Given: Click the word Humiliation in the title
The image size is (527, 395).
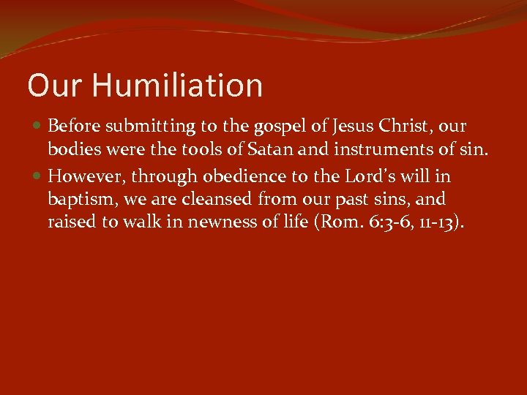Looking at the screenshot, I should click(177, 86).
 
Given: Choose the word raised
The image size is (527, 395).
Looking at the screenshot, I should click(72, 222).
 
